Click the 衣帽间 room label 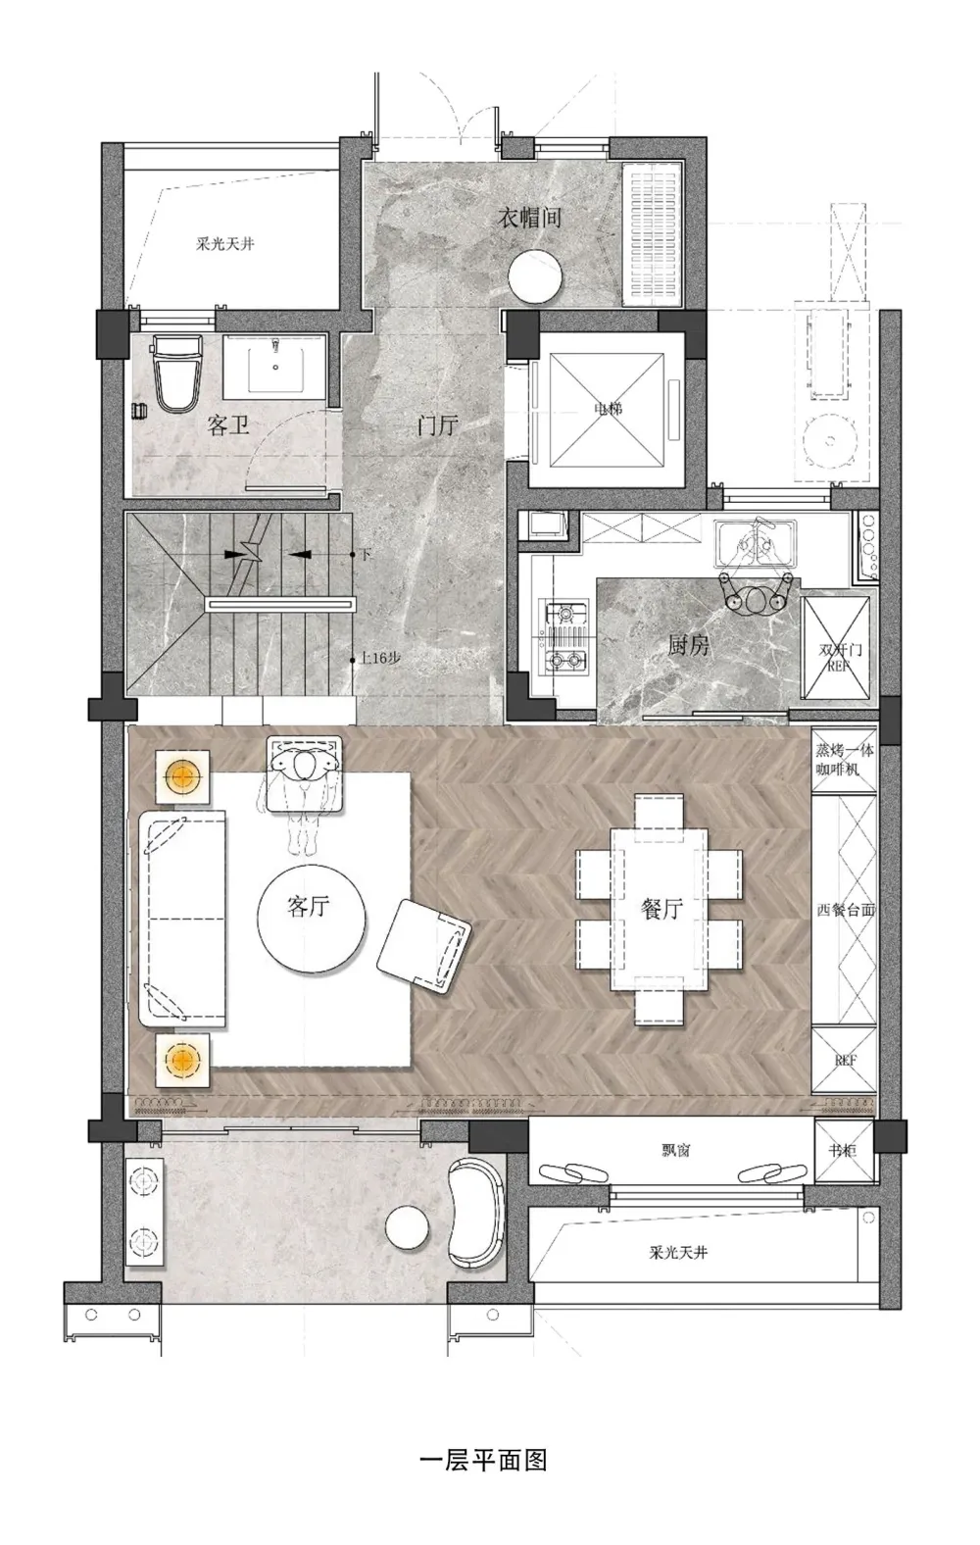pos(529,218)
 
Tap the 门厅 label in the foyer pos(437,424)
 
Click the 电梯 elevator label pos(609,409)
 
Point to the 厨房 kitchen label pos(688,646)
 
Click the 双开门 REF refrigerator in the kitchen pos(835,648)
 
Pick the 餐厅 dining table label pos(661,909)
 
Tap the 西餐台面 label pos(846,910)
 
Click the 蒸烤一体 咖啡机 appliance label pos(845,759)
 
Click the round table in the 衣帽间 pos(534,275)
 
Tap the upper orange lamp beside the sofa pos(182,776)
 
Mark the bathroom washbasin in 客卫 pos(275,365)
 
